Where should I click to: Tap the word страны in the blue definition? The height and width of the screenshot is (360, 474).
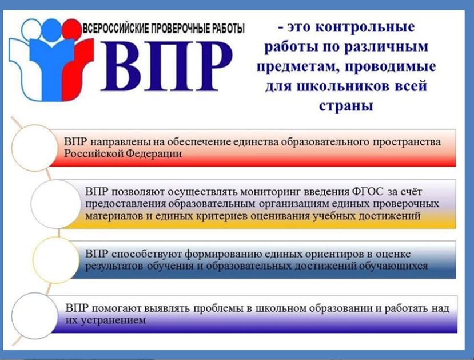coord(346,106)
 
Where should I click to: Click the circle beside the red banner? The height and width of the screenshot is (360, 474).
coord(35,147)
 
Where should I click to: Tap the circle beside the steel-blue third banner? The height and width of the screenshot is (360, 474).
coord(57,260)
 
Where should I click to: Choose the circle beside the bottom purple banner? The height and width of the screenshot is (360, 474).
coord(35,315)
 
